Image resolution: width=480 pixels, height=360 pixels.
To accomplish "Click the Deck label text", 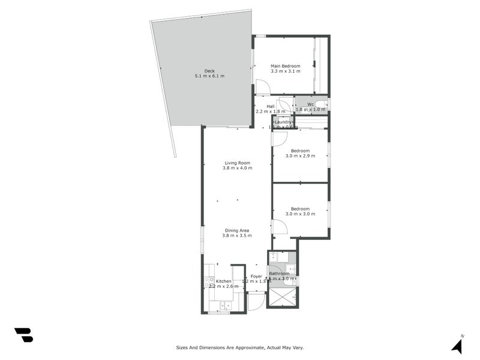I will pos(209,71).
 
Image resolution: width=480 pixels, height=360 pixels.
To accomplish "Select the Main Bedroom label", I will pos(285,66).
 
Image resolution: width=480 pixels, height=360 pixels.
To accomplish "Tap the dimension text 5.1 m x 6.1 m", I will pos(209,76).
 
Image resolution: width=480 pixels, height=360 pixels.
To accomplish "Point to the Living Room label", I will pos(237,163).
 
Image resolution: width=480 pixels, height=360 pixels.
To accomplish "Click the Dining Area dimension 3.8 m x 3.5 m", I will pos(237,236).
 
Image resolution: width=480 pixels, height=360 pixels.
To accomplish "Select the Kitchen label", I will pos(224,281).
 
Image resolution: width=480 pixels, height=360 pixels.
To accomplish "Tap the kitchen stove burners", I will pos(209,281).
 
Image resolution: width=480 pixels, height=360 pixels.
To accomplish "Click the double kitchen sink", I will pos(225,307).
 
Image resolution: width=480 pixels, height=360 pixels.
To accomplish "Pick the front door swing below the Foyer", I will pos(256,301).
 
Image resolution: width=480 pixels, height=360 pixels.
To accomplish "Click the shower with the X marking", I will pos(282,298).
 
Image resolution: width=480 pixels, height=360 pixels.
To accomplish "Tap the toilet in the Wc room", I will pos(321,104).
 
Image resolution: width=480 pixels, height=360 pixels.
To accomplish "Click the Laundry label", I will pos(283,122).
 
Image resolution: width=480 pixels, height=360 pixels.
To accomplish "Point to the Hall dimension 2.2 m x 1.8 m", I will pos(271,112).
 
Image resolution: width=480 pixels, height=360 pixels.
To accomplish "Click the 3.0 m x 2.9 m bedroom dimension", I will pos(300,156).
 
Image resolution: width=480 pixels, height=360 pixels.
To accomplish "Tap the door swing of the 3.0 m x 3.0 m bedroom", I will pos(280,227).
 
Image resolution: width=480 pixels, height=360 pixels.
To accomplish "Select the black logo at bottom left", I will pos(23,335).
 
